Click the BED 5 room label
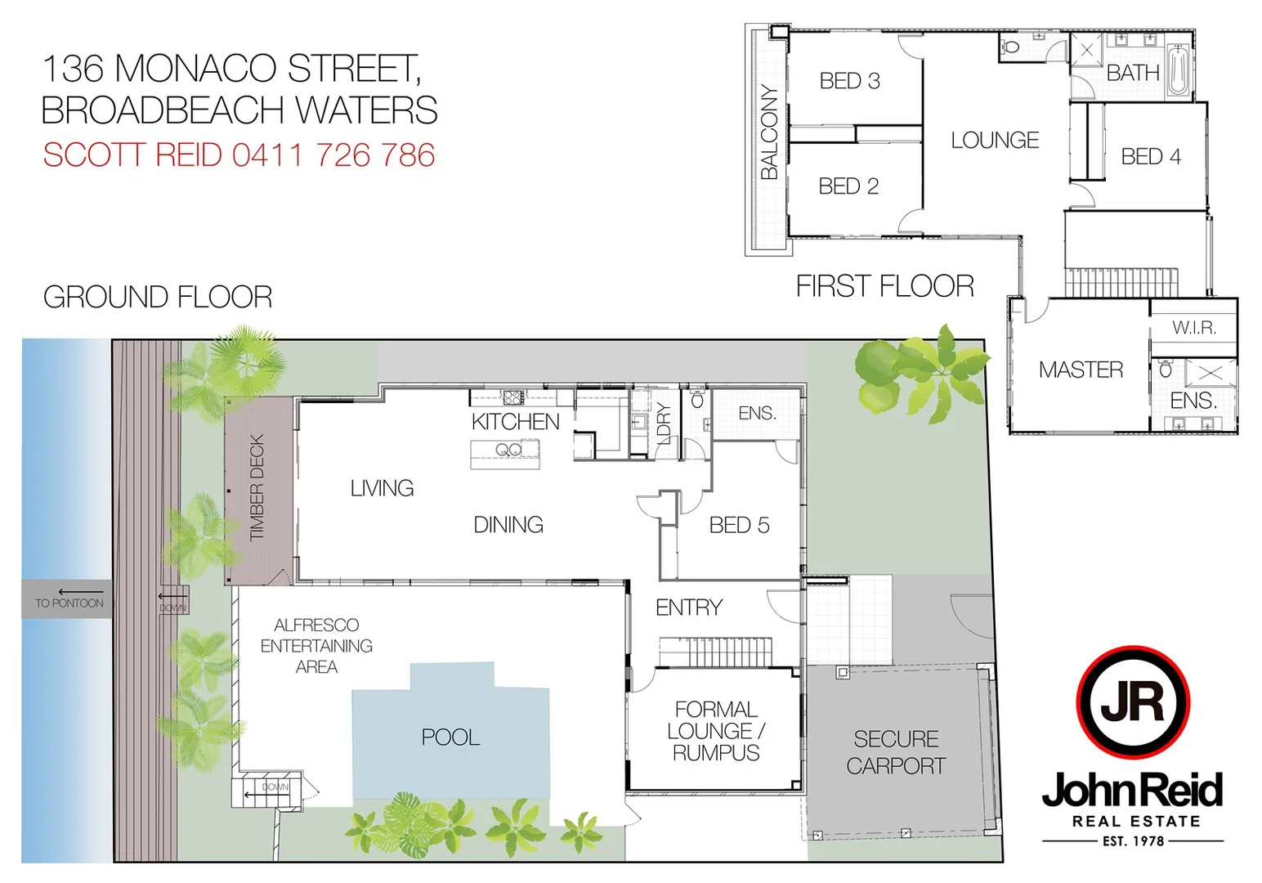click(x=739, y=525)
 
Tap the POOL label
click(x=450, y=737)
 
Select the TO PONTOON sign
click(x=69, y=603)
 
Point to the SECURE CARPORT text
click(x=896, y=752)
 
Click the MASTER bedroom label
click(x=1081, y=370)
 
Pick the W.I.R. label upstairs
click(x=1194, y=329)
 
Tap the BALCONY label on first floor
click(x=769, y=132)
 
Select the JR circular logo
click(x=1132, y=701)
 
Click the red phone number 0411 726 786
click(x=333, y=155)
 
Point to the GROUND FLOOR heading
click(x=158, y=297)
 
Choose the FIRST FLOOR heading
click(x=884, y=286)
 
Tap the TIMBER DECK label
click(x=257, y=487)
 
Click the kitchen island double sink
click(x=508, y=450)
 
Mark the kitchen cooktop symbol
click(x=512, y=398)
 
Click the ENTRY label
click(x=688, y=607)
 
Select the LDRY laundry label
click(x=664, y=423)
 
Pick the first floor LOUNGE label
click(x=995, y=141)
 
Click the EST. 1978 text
click(x=1133, y=840)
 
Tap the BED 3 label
click(x=849, y=81)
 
